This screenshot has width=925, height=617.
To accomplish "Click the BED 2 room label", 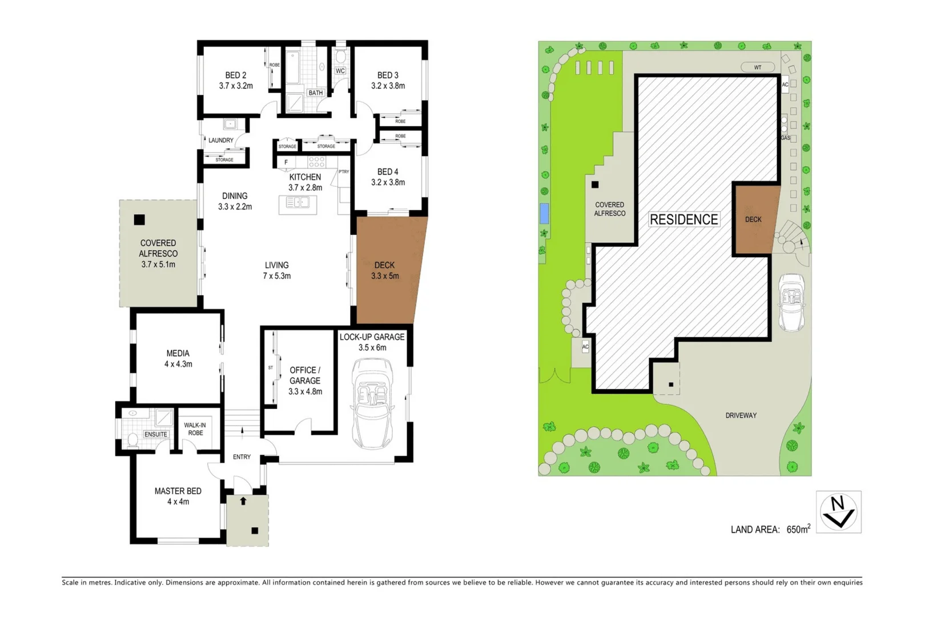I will click(x=236, y=75).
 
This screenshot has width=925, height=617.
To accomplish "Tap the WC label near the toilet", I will click(x=340, y=71).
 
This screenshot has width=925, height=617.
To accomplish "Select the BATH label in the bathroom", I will click(x=316, y=93).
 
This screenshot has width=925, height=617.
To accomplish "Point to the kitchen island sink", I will click(x=297, y=202).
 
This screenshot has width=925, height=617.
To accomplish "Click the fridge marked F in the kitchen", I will click(x=286, y=162).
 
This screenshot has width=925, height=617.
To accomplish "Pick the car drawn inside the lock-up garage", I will click(x=372, y=403).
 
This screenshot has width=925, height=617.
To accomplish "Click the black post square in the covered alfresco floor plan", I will click(x=139, y=219).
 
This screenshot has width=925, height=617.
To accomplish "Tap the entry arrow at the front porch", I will click(x=243, y=501).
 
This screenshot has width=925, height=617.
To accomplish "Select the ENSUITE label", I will click(x=156, y=434).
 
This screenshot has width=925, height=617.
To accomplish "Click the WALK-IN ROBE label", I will click(x=195, y=429).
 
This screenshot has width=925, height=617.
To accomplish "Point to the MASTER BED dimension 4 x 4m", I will click(x=178, y=502).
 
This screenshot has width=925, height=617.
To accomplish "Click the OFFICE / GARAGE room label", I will click(x=305, y=375).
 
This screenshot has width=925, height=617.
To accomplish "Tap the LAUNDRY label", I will click(x=220, y=140).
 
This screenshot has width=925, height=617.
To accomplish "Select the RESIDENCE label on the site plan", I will click(x=683, y=219).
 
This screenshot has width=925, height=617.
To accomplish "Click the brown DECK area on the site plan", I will click(x=754, y=219).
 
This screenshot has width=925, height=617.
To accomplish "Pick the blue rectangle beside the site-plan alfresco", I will click(x=545, y=213).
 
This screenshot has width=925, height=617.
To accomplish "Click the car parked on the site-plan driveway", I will click(x=792, y=303).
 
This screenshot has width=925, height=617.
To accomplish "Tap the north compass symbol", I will click(x=838, y=512).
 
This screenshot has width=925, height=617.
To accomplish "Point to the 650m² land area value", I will click(x=798, y=529).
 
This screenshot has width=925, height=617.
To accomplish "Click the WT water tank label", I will click(x=758, y=67).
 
